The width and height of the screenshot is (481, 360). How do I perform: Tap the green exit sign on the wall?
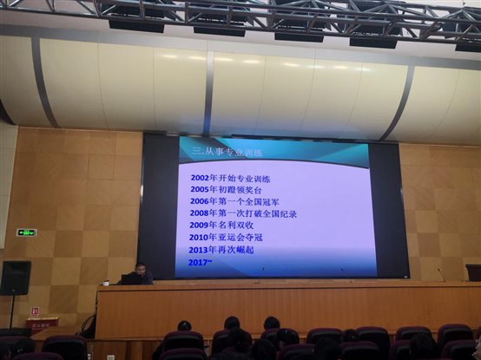pyautogui.click(x=27, y=232)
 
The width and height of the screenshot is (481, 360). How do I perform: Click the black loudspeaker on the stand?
pyautogui.click(x=15, y=278)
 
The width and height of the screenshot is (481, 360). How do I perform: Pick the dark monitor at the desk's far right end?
pyautogui.click(x=473, y=272)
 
